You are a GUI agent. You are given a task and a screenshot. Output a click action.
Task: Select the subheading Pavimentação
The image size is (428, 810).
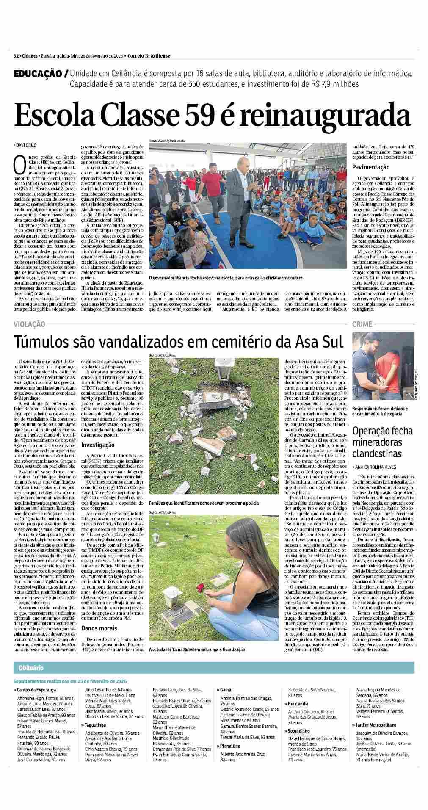coord(371,167)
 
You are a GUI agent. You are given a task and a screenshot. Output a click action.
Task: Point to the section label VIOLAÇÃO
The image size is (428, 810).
coord(29,324)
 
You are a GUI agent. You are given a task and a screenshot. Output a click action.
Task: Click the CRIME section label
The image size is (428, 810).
coord(362,324)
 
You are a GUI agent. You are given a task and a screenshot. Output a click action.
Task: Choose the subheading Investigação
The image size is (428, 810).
coord(98,445)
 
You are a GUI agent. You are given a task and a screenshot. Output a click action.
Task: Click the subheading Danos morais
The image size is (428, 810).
coord(99,628)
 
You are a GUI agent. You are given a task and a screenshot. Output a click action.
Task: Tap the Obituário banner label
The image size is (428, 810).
coord(31,668)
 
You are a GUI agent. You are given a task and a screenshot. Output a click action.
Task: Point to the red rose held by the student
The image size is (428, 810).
coord(200,588)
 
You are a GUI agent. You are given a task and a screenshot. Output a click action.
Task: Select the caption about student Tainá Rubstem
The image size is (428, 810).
coord(197,649)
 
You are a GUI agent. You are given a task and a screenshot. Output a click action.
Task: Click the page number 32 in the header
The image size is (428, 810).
coord(16,55)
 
